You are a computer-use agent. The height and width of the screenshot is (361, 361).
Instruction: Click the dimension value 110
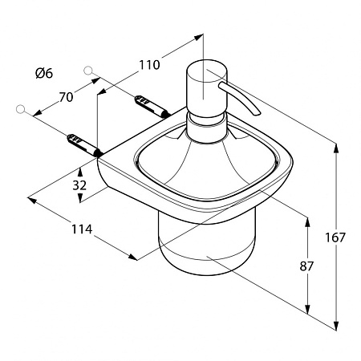click(x=149, y=65)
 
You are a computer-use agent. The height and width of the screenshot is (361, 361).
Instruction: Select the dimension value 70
click(x=66, y=97)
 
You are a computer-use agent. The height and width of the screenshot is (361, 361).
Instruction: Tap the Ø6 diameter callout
click(x=44, y=73)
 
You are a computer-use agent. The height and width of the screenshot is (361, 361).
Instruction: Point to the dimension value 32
click(x=79, y=185)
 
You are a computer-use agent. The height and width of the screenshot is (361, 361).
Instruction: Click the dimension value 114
click(x=82, y=229)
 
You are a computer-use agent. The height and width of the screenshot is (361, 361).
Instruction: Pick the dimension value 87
click(x=306, y=266)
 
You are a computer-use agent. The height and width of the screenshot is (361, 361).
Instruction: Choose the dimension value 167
click(x=335, y=237)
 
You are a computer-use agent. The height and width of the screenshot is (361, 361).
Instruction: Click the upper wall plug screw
click(x=152, y=106)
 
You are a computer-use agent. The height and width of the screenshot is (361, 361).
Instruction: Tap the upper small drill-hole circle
click(x=88, y=71)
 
